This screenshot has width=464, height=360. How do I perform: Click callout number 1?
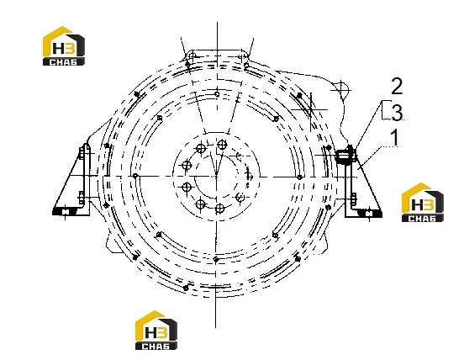[394, 138]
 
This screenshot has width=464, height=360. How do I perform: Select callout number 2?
[397, 86]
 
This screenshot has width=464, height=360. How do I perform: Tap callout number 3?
[397, 113]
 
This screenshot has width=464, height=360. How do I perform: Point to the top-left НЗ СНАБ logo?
[64, 46]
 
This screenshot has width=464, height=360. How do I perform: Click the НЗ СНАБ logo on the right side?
[422, 202]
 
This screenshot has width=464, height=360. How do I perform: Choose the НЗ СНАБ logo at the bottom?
[156, 330]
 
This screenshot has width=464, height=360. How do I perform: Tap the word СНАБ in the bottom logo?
[156, 346]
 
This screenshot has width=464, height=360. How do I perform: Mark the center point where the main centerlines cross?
[217, 177]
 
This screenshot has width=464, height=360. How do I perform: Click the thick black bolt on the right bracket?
[346, 156]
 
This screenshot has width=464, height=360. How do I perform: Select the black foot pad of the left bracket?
[65, 212]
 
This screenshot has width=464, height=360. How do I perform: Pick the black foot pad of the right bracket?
[369, 213]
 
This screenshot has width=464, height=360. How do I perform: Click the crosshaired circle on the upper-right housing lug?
[341, 90]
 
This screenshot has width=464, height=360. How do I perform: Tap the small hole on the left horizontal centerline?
[135, 176]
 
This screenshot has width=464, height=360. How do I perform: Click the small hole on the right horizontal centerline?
[299, 177]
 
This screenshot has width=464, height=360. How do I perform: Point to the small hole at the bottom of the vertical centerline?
[216, 259]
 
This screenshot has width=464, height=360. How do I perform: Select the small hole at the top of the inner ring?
[217, 94]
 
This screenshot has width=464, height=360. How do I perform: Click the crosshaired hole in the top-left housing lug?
[192, 55]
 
